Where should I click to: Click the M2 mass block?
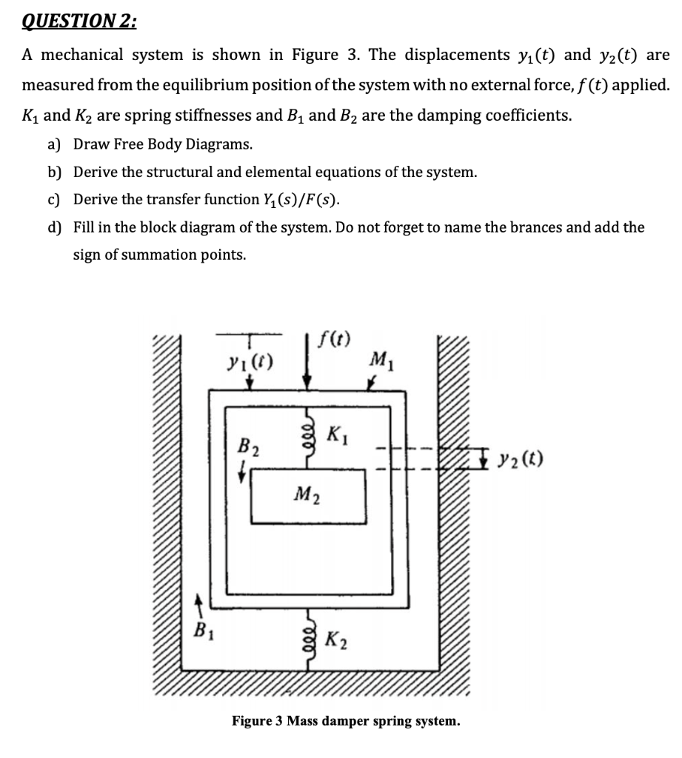coord(309,494)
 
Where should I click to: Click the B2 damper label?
coord(247,446)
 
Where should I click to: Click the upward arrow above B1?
coord(198,605)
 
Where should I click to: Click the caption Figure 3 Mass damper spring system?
coord(346,720)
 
